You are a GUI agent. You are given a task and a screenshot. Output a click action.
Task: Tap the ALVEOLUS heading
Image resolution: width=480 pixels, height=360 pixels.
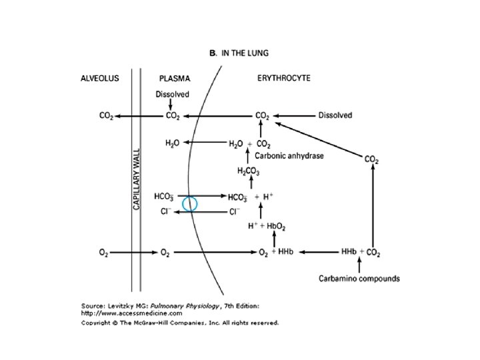(101, 78)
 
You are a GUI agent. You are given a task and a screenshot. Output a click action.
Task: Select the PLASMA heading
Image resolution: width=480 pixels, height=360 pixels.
(175, 78)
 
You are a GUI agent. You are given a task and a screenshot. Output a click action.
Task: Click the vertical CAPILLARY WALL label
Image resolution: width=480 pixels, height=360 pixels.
(137, 179)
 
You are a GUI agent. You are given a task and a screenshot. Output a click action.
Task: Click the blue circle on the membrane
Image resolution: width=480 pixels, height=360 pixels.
(189, 203)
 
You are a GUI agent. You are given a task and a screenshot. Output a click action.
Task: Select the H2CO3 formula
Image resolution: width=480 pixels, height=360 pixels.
(247, 171)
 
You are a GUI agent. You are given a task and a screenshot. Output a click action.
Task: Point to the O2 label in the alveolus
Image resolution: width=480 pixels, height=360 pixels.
(103, 253)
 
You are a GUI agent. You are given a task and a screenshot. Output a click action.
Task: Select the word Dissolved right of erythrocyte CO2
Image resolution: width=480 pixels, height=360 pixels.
(335, 115)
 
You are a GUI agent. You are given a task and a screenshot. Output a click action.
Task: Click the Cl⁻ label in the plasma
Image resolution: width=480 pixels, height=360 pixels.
(167, 212)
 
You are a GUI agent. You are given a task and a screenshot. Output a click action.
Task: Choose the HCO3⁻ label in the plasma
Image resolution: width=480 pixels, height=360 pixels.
(164, 197)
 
